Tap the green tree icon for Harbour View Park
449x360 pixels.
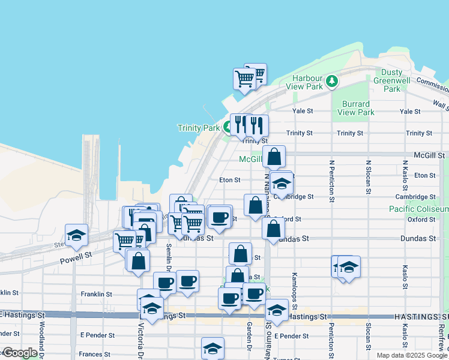(x=331, y=80)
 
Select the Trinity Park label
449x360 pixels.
(x=199, y=128)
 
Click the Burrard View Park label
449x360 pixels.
(x=356, y=108)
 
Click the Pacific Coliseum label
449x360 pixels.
(x=418, y=209)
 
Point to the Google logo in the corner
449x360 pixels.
(x=20, y=353)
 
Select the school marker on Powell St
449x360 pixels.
(x=76, y=236)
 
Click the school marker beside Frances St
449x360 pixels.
(x=212, y=349)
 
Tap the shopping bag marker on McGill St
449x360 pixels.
(x=274, y=157)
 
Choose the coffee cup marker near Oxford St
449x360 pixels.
(x=220, y=217)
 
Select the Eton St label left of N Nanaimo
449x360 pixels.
(x=229, y=179)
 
